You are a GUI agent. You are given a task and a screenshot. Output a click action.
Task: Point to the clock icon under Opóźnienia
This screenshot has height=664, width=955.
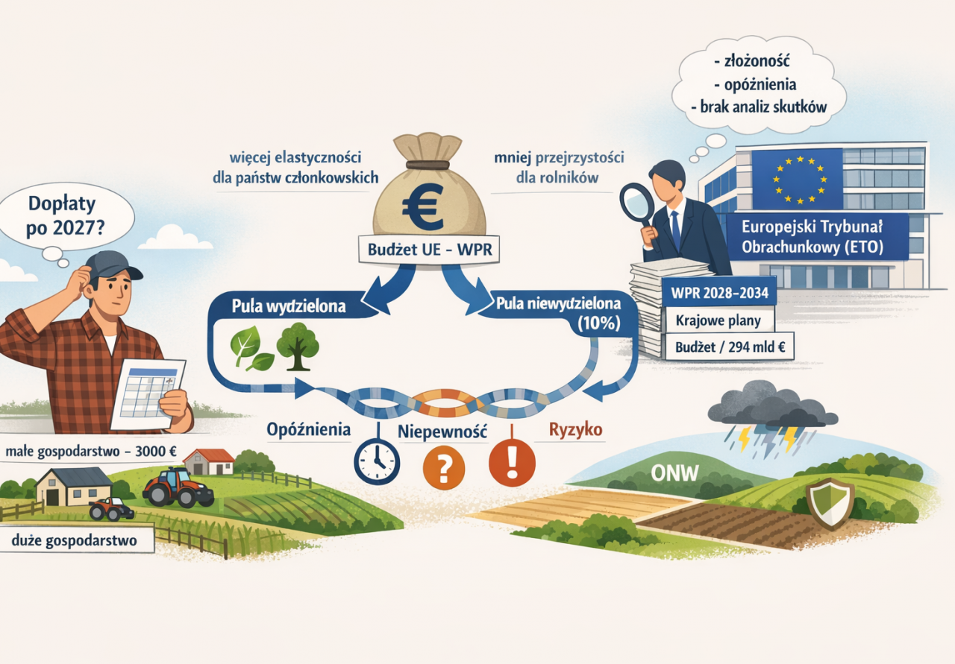click(377, 462)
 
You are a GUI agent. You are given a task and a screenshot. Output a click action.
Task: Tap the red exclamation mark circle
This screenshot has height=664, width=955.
click(512, 461)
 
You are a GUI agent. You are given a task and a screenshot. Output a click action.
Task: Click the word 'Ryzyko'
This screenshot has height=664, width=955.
click(575, 430)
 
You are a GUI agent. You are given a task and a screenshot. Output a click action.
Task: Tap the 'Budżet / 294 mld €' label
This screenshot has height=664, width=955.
click(730, 347)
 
